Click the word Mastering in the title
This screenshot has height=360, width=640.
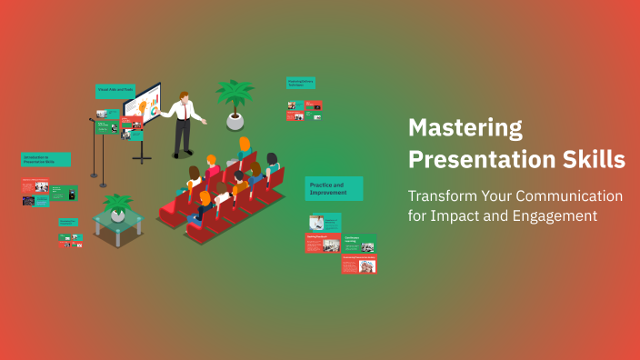[465, 126]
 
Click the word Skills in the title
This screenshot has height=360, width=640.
[590, 159]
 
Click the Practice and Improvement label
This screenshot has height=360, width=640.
[334, 188]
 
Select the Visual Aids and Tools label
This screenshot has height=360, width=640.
[115, 91]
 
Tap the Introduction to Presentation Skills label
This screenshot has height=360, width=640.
[45, 159]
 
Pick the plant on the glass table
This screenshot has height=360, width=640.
[117, 207]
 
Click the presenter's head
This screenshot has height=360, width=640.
[185, 95]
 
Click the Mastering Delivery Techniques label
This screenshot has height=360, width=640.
[301, 83]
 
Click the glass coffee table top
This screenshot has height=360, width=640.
[118, 221]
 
